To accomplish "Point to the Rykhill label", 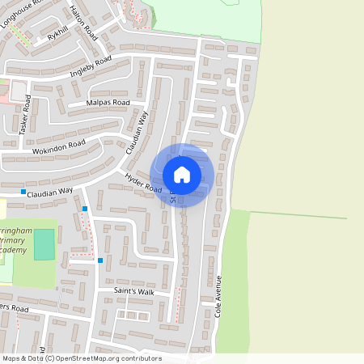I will tap(58, 36).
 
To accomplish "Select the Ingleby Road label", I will tap(91, 65).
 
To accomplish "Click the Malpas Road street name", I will tap(109, 103).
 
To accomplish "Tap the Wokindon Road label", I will tap(58, 148).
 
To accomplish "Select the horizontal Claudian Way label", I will tap(50, 193).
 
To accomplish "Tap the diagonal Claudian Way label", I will tap(138, 132).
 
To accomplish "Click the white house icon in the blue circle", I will tap(182, 175).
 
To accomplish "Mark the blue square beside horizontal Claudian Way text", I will tap(23, 192).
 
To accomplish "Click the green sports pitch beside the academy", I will tap(44, 244).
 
